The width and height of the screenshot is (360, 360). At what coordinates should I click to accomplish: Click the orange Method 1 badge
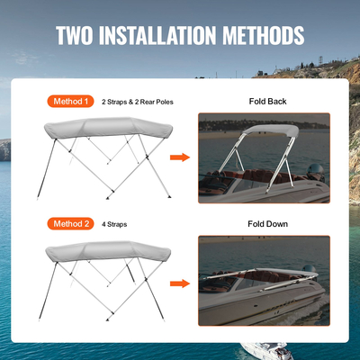(69, 102)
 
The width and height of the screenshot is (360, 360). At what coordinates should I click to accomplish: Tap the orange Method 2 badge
(69, 222)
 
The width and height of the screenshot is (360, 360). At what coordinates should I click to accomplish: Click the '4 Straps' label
(115, 222)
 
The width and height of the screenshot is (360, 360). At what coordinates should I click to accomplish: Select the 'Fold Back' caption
(267, 102)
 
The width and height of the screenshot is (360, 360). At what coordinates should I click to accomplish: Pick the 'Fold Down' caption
(267, 222)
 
